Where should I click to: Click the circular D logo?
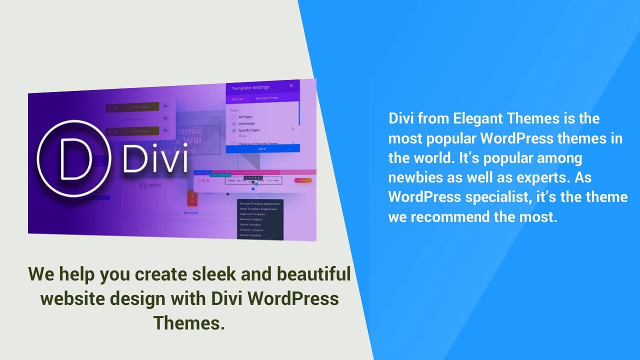tap(74, 158)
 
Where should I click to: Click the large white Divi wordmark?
tap(155, 158)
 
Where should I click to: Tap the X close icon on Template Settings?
tap(291, 85)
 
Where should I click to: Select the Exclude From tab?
tap(267, 98)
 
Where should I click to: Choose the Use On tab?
tap(238, 99)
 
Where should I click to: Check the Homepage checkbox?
tap(234, 123)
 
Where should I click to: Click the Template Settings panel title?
tap(250, 87)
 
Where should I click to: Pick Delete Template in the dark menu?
tap(251, 224)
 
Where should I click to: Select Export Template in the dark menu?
tap(251, 235)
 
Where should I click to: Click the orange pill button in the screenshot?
tap(303, 180)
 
